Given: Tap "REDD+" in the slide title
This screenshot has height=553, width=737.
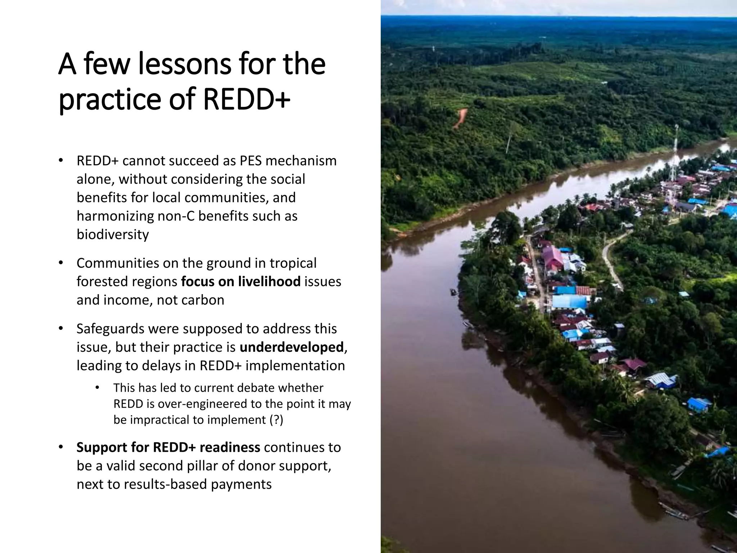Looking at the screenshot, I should [x=247, y=100].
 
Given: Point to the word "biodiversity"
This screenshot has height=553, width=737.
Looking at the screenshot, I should [x=113, y=234].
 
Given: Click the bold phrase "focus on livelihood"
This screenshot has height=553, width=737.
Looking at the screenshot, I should [x=241, y=281].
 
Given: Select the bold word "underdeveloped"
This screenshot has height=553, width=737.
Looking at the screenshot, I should [x=291, y=347].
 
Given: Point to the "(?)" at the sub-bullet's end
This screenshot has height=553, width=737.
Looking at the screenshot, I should [x=276, y=420].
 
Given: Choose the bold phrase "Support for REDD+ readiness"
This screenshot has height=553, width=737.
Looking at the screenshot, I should [x=168, y=447].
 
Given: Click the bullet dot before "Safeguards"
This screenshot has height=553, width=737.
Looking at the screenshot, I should [x=60, y=329].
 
